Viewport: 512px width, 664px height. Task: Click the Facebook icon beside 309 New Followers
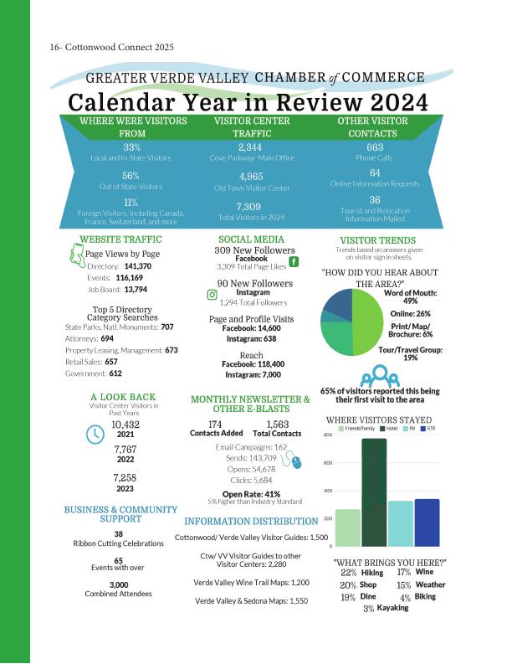[294, 262]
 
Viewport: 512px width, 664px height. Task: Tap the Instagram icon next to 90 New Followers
[212, 294]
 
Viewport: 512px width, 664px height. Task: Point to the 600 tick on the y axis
[328, 463]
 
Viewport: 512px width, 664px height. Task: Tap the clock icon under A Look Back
[95, 434]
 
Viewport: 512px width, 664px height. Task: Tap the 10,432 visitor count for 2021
[125, 425]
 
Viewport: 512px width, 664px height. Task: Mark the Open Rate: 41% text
[251, 493]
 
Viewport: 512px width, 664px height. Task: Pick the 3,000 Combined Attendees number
[118, 584]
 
